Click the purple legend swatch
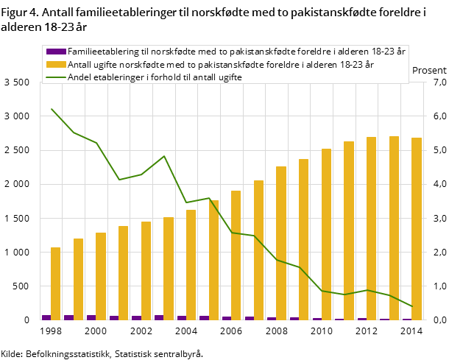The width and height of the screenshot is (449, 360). click(x=55, y=52)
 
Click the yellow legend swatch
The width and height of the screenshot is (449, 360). click(x=55, y=64)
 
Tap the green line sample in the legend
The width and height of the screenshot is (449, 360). click(x=55, y=77)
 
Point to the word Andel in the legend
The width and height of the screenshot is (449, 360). click(x=80, y=77)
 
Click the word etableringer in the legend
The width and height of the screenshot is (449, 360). click(x=119, y=77)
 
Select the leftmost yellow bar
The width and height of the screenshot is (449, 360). click(x=55, y=283)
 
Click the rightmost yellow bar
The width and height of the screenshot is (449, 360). click(x=417, y=228)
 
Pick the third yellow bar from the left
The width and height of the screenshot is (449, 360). click(x=101, y=276)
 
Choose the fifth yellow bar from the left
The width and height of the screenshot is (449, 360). click(x=146, y=270)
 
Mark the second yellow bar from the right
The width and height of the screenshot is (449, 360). click(x=394, y=227)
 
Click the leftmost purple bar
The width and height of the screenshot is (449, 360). click(x=46, y=317)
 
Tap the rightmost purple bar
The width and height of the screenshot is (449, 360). click(x=407, y=319)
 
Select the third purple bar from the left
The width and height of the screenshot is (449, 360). click(x=91, y=317)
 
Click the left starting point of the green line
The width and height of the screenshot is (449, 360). click(x=52, y=109)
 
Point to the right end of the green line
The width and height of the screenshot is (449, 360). click(x=412, y=306)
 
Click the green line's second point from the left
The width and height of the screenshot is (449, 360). click(x=74, y=133)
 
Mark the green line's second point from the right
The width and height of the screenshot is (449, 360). click(x=389, y=295)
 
